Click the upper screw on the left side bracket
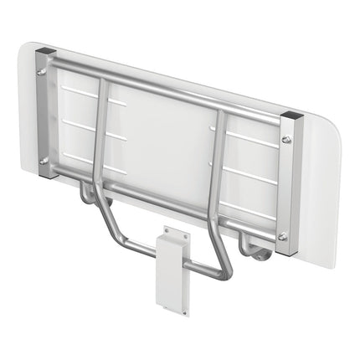click(43, 72)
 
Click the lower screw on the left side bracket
click(43, 160)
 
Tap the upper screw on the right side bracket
click(286, 139)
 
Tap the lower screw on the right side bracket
click(282, 237)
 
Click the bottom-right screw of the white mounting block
click(185, 311)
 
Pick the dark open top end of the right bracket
click(289, 115)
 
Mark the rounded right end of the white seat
click(331, 193)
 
